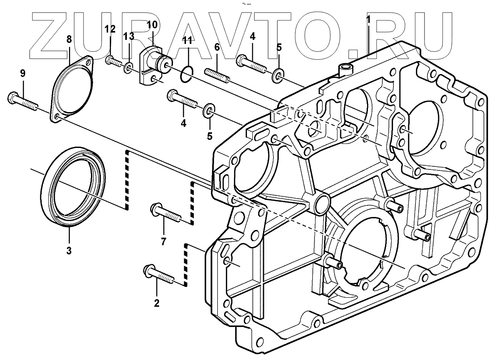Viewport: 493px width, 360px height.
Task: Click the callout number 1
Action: tap(368, 19)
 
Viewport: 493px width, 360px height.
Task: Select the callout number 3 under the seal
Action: tap(69, 251)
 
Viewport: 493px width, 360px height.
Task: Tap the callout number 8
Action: tap(69, 40)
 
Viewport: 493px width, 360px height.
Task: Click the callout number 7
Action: tap(163, 242)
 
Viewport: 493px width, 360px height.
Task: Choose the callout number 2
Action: tap(156, 303)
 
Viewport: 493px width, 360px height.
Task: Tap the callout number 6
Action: tap(217, 46)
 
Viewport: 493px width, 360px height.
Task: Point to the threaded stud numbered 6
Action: tap(218, 75)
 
